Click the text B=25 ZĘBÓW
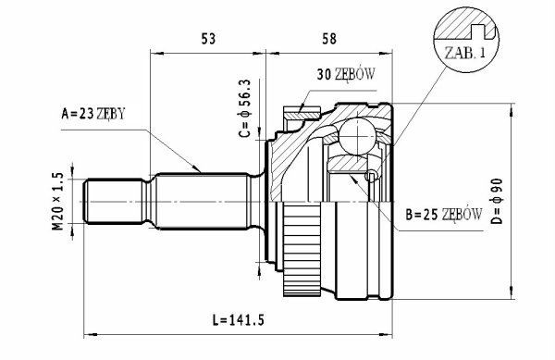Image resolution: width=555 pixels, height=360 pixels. click(443, 215)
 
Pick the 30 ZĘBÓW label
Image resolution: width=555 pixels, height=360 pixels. click(344, 75)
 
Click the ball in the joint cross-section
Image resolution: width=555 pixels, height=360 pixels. click(356, 137)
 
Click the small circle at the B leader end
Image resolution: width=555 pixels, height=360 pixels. click(373, 176)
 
